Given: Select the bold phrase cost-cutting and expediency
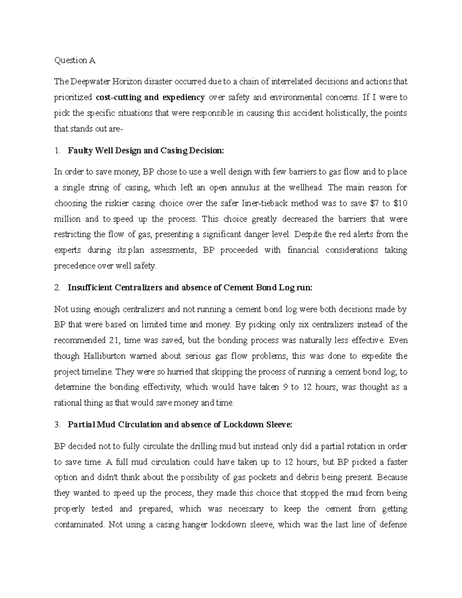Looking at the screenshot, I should tap(150, 97).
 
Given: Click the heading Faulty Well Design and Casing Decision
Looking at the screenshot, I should tap(145, 151).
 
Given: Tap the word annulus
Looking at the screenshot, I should tap(247, 188).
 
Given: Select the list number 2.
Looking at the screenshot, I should tap(57, 288).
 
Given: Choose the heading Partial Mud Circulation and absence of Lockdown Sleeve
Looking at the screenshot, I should tap(180, 425).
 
